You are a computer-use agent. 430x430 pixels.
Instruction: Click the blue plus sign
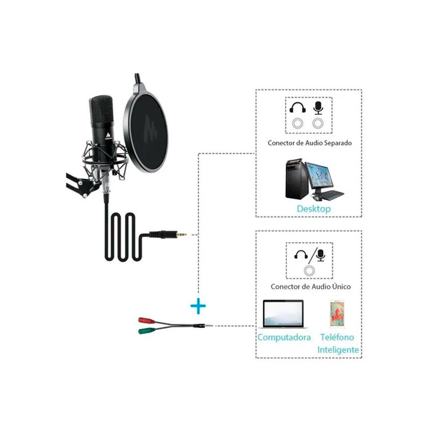[x=198, y=305]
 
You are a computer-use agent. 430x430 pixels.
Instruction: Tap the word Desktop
[x=314, y=209]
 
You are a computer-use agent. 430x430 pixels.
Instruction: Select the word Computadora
[x=284, y=338]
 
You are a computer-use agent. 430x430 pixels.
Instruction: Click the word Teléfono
[x=338, y=337]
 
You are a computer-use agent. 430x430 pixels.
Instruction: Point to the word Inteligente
[x=338, y=350]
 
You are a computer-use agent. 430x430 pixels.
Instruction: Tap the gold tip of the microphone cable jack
[x=182, y=234]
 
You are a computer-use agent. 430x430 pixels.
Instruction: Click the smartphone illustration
[x=337, y=314]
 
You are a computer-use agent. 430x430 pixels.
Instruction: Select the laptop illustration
[x=283, y=314]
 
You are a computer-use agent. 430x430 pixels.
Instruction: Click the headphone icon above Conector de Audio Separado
[x=298, y=107]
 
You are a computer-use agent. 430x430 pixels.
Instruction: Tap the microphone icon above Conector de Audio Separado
[x=318, y=108]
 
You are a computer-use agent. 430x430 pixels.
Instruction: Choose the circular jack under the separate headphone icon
[x=298, y=124]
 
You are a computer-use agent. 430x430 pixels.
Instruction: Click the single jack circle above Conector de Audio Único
[x=310, y=271]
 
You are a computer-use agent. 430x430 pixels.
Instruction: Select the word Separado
[x=338, y=143]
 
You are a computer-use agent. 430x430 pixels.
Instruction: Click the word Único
[x=341, y=286]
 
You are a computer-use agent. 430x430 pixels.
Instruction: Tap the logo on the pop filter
[x=150, y=128]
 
